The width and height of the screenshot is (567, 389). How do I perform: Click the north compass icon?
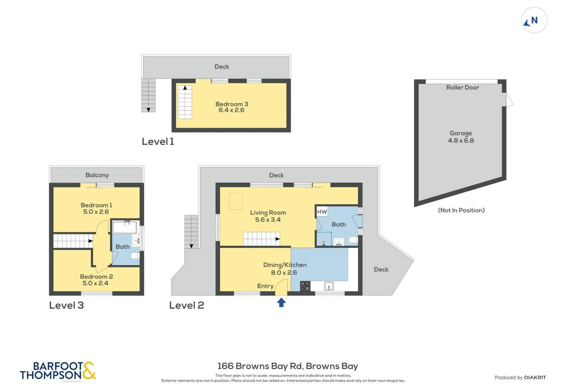click(x=534, y=20)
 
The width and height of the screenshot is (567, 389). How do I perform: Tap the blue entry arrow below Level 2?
click(x=281, y=302)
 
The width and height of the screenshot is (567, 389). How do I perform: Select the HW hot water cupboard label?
click(x=322, y=212)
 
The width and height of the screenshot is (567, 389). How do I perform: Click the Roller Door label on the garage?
click(x=462, y=87)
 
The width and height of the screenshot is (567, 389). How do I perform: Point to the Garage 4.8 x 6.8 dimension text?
click(x=461, y=140)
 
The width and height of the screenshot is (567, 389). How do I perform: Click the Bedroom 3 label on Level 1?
click(x=232, y=104)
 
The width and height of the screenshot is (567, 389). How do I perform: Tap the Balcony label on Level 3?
click(x=97, y=175)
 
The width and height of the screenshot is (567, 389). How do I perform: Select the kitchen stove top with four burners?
click(x=305, y=286)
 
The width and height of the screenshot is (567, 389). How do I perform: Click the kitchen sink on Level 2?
click(x=329, y=286)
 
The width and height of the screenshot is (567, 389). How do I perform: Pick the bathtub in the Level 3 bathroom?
click(x=124, y=227)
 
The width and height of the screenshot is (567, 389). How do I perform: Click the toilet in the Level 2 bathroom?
click(x=353, y=240)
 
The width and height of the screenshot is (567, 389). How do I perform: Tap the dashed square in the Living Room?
click(x=236, y=201)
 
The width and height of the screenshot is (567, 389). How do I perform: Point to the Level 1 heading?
click(x=158, y=142)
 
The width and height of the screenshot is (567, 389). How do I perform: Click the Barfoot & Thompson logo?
click(x=58, y=371)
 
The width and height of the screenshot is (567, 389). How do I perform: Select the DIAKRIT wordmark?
click(x=535, y=377)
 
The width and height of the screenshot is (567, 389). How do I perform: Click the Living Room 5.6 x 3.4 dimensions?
click(x=268, y=220)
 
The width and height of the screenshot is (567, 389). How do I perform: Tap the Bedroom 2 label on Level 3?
click(x=96, y=277)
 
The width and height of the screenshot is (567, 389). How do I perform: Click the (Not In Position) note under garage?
click(x=461, y=210)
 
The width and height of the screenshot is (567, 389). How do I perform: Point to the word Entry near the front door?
click(x=265, y=286)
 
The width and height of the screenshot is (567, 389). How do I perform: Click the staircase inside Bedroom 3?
click(x=185, y=102)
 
